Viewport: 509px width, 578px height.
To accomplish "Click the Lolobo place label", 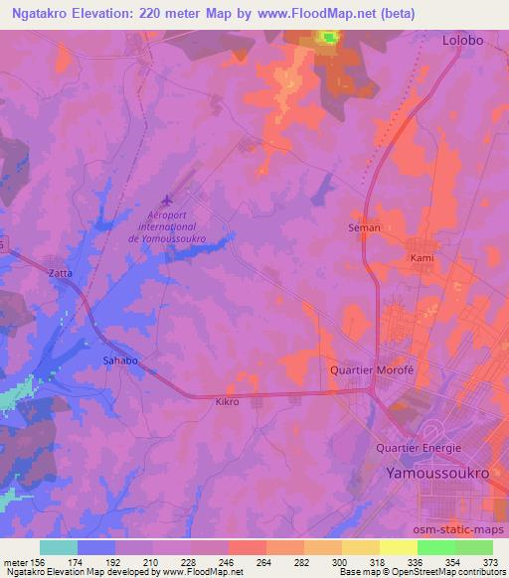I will (463, 41).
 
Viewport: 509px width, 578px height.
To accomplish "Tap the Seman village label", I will (364, 228).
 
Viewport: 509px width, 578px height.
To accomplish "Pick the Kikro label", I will (229, 402).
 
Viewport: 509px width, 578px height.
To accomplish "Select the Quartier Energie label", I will (419, 448).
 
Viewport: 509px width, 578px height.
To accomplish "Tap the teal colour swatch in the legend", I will (58, 546).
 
